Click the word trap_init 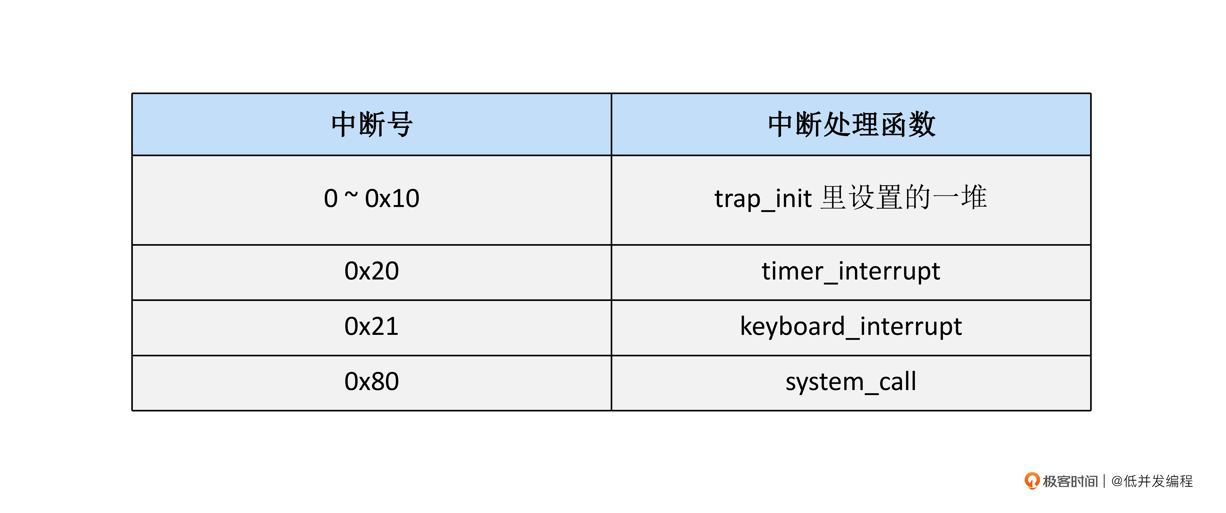coord(763,199)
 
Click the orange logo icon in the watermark coord(1032,481)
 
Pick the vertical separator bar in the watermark coord(1104,481)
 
